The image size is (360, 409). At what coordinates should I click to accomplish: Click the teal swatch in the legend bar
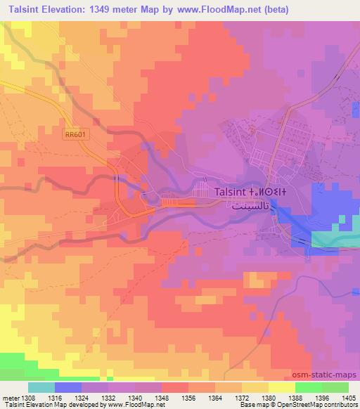(x=41, y=387)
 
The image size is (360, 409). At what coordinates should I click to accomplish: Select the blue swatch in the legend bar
(x=68, y=387)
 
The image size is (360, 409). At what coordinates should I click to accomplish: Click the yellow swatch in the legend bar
(x=281, y=387)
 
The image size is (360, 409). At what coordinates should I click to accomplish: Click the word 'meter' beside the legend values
(x=10, y=396)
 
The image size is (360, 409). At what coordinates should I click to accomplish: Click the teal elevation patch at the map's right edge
(x=335, y=240)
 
